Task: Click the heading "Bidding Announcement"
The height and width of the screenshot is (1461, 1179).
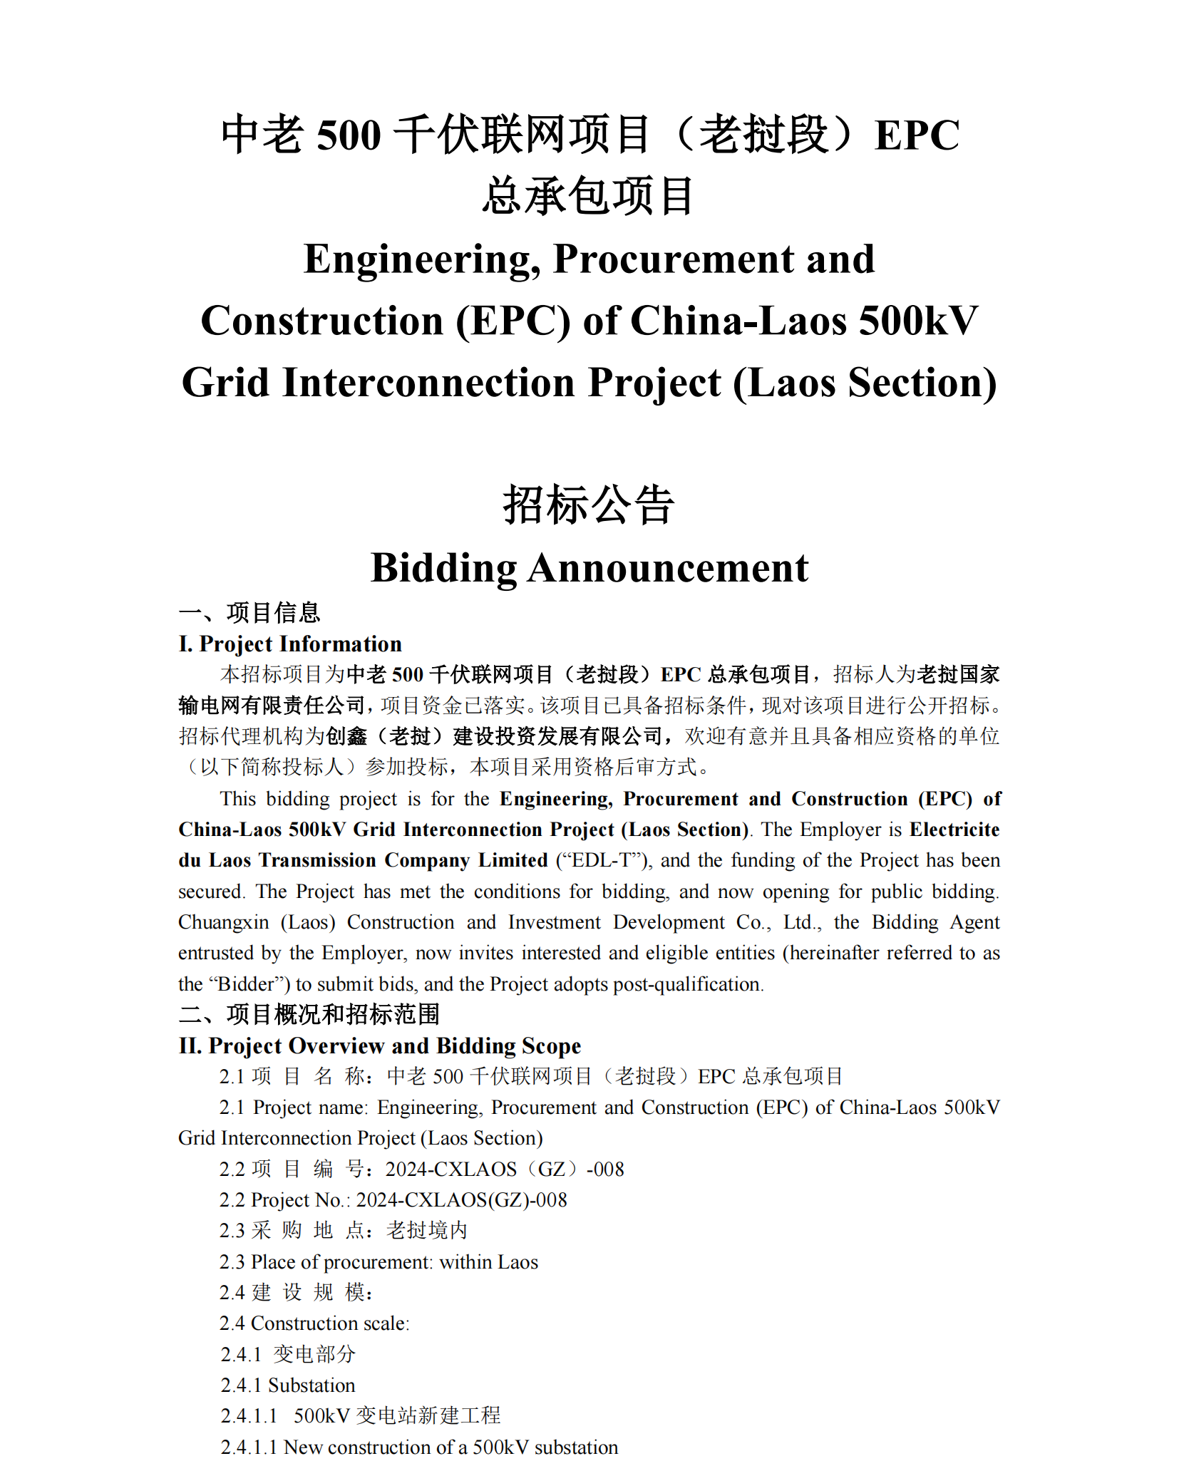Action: [x=589, y=568]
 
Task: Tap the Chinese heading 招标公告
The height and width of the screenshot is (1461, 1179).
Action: [x=589, y=505]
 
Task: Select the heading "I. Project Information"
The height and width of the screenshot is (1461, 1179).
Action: [x=290, y=644]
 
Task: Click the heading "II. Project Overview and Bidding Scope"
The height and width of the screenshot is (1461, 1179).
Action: [x=379, y=1046]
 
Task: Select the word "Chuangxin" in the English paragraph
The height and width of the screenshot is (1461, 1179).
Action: [x=223, y=922]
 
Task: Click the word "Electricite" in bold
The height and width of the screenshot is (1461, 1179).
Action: [x=954, y=830]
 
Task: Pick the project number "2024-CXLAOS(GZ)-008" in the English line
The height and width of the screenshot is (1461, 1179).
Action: [x=461, y=1200]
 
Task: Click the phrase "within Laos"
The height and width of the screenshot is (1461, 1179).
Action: [x=488, y=1262]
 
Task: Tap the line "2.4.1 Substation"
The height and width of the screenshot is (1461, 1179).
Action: [x=288, y=1385]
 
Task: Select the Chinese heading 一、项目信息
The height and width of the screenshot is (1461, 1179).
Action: [x=249, y=613]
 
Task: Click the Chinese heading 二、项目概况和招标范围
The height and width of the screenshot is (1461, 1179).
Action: [x=309, y=1014]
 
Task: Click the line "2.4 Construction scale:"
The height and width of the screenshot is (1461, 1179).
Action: [x=314, y=1323]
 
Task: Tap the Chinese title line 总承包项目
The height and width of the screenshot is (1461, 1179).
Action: [x=589, y=197]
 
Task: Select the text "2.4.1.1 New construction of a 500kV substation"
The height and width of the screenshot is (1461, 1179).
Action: [x=419, y=1447]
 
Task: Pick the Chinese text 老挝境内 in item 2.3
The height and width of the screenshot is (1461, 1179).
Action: [x=427, y=1231]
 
